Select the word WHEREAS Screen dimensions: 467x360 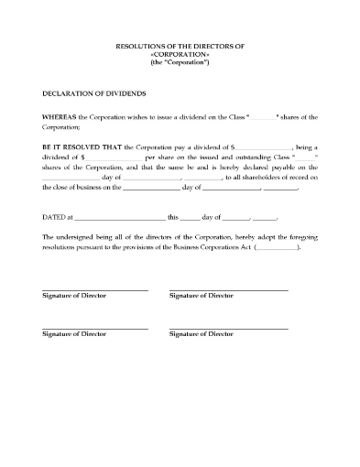point(59,118)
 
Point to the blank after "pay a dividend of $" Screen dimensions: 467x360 point(264,147)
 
